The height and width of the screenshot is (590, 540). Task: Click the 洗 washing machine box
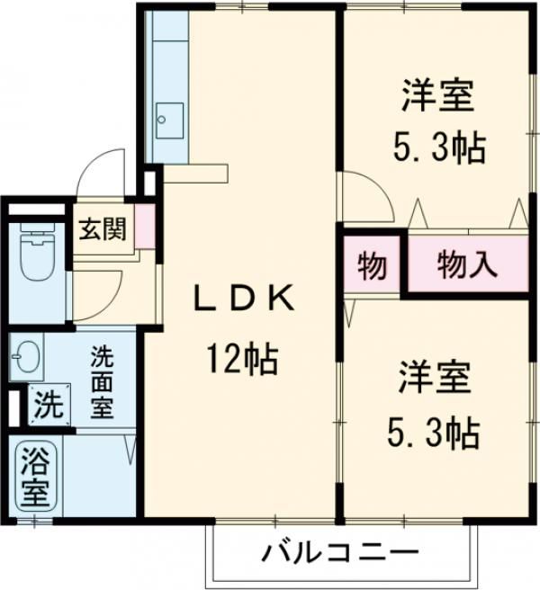click(49, 404)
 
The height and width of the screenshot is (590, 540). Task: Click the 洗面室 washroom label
click(101, 381)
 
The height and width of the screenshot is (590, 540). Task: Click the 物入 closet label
click(467, 264)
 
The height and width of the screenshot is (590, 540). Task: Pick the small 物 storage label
click(372, 265)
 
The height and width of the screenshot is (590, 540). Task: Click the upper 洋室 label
click(437, 96)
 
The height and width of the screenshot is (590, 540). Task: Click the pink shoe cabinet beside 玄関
click(142, 229)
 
